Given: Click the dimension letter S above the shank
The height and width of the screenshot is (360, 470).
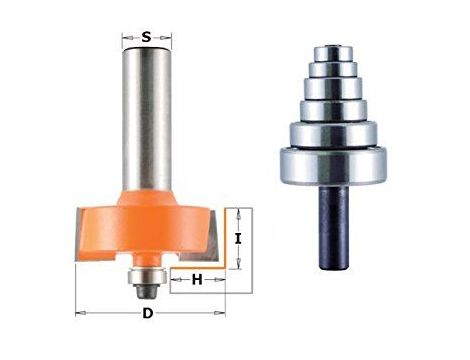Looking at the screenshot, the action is point(147,37).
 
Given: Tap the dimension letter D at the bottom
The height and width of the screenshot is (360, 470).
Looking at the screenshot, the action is point(148,313).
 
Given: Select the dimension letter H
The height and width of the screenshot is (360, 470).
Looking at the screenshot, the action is point(197,280).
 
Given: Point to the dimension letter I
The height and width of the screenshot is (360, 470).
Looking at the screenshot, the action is point(237,239).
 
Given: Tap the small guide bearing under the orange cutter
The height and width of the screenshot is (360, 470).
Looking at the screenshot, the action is point(147,276).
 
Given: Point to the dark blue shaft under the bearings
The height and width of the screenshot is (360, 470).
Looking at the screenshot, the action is point(334,227).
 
